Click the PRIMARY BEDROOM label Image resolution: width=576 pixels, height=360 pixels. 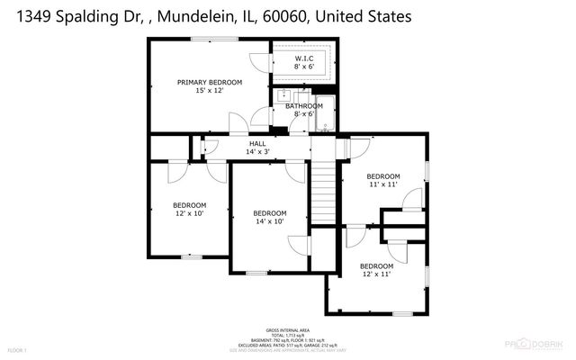209,82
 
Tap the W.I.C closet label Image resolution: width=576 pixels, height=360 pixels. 303,59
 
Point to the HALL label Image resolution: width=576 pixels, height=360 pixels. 257,143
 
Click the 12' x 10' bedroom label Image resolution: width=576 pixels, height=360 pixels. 190,204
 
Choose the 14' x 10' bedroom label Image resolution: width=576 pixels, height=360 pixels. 269,213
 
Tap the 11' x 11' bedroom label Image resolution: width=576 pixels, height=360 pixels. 382,176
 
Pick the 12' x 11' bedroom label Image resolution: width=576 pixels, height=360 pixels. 376,266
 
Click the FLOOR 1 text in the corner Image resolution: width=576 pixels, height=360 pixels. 18,349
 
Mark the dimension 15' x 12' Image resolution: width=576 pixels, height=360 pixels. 209,90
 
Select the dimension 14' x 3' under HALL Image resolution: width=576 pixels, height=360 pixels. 257,151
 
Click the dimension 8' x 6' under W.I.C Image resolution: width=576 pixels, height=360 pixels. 303,67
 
